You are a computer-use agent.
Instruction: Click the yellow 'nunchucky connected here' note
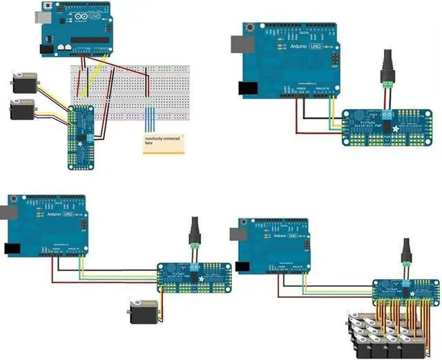pos(164,144)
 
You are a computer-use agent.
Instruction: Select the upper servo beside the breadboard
pos(24,84)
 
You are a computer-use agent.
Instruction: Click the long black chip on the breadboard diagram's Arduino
pos(90,39)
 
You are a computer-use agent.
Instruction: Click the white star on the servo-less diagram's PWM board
pos(396,129)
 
